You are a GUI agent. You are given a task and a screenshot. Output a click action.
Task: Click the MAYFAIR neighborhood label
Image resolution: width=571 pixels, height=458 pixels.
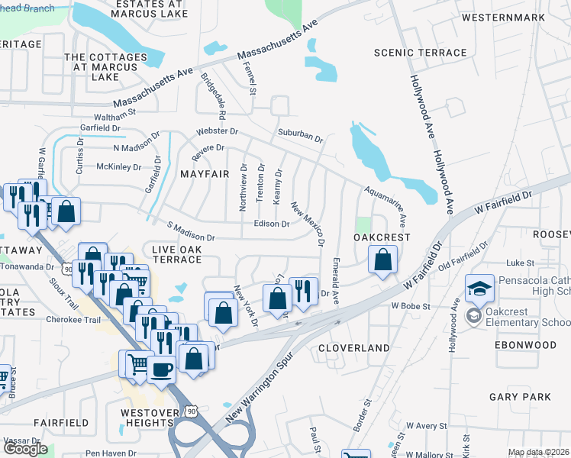pyautogui.click(x=205, y=174)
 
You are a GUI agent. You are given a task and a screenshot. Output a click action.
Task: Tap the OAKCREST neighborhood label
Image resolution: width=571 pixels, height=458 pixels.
pyautogui.click(x=382, y=237)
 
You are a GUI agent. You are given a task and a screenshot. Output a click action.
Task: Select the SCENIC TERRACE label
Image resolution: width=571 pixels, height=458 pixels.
pyautogui.click(x=420, y=53)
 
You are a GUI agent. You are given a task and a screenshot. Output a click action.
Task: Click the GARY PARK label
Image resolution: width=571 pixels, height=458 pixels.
pyautogui.click(x=520, y=397)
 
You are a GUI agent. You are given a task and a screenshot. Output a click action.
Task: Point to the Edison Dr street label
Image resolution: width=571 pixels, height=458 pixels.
pyautogui.click(x=272, y=224)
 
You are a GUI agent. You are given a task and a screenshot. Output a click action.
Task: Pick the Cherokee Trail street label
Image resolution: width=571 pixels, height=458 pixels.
pyautogui.click(x=73, y=321)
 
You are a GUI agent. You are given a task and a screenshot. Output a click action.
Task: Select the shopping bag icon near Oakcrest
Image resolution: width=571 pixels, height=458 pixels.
pyautogui.click(x=382, y=260)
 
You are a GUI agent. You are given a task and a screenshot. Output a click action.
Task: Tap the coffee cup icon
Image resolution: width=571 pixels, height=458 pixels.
pyautogui.click(x=161, y=369)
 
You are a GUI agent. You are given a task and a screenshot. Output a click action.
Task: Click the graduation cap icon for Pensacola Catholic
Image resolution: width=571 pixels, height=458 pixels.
pyautogui.click(x=480, y=288)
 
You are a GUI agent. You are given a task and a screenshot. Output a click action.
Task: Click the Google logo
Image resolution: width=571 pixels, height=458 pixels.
pyautogui.click(x=25, y=449)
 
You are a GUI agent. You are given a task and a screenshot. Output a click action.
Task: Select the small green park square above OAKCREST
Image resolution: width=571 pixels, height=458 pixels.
pyautogui.click(x=363, y=225)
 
